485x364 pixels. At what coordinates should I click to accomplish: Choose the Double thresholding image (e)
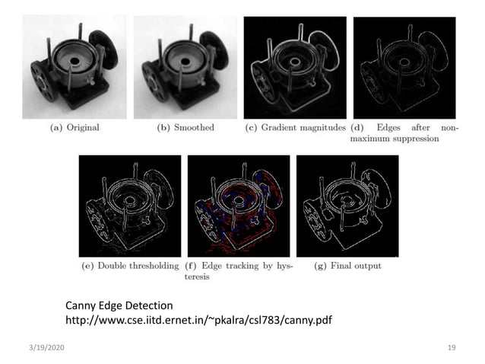130,206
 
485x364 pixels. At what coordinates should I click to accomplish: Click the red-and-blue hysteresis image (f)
238,206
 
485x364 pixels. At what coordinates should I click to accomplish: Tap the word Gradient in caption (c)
277,128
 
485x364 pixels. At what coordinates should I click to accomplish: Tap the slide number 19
452,347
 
